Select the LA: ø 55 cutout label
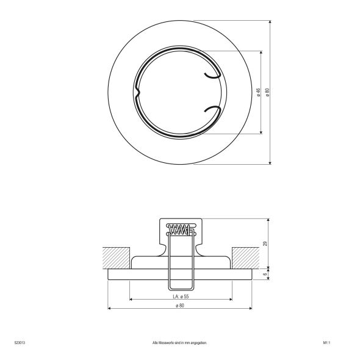180,296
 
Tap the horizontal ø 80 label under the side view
180,305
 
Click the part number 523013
18,343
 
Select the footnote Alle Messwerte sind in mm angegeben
180,343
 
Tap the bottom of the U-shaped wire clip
180,288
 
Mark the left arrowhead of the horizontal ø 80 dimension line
110,309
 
